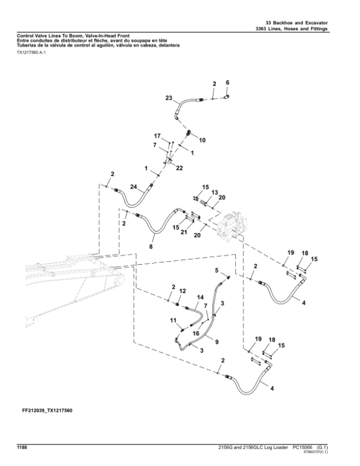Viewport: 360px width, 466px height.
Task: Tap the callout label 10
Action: click(202, 140)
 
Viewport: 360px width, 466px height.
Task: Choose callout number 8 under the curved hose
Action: click(151, 246)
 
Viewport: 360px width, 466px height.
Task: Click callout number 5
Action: click(217, 271)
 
